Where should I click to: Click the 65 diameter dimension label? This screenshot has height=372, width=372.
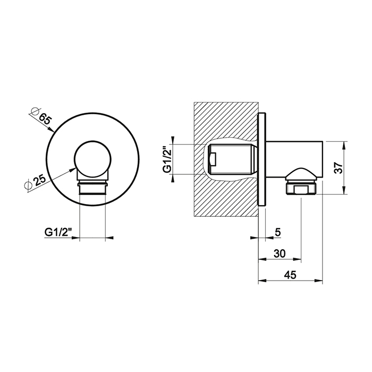[44, 119]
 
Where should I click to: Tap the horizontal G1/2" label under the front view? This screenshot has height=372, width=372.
[58, 232]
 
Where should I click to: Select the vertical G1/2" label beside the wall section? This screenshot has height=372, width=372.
[167, 159]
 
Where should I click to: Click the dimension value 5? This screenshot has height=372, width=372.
[278, 232]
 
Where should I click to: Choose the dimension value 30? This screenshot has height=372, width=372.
[280, 253]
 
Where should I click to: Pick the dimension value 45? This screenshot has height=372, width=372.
[290, 275]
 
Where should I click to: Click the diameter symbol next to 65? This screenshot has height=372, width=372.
[35, 111]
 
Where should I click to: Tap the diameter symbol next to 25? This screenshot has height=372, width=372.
[28, 185]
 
